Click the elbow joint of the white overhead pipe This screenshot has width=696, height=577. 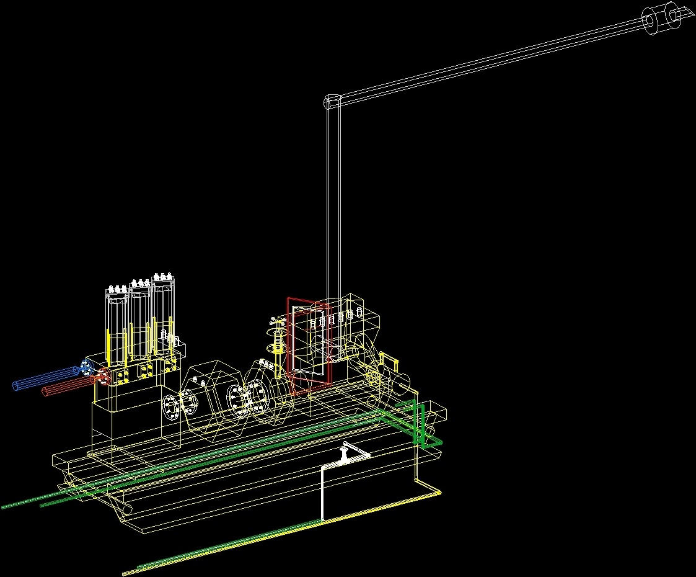pyautogui.click(x=333, y=102)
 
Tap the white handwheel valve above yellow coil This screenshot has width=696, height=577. pyautogui.click(x=276, y=322)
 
